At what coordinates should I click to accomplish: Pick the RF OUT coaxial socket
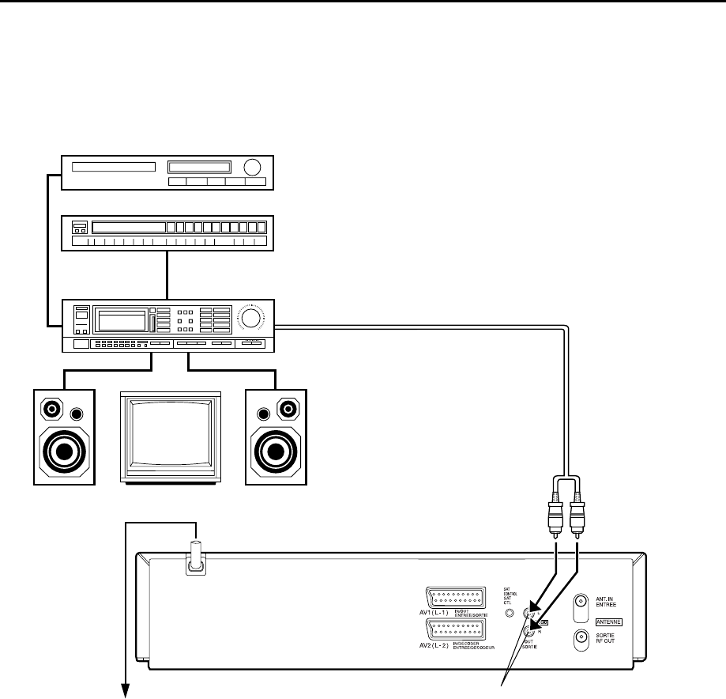pos(581,638)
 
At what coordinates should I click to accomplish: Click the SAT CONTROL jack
pos(510,612)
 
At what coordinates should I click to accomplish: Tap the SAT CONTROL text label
pos(509,595)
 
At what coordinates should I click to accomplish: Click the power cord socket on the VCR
pos(194,564)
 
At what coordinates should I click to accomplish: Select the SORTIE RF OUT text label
pos(606,638)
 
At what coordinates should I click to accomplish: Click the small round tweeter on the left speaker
pos(77,414)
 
